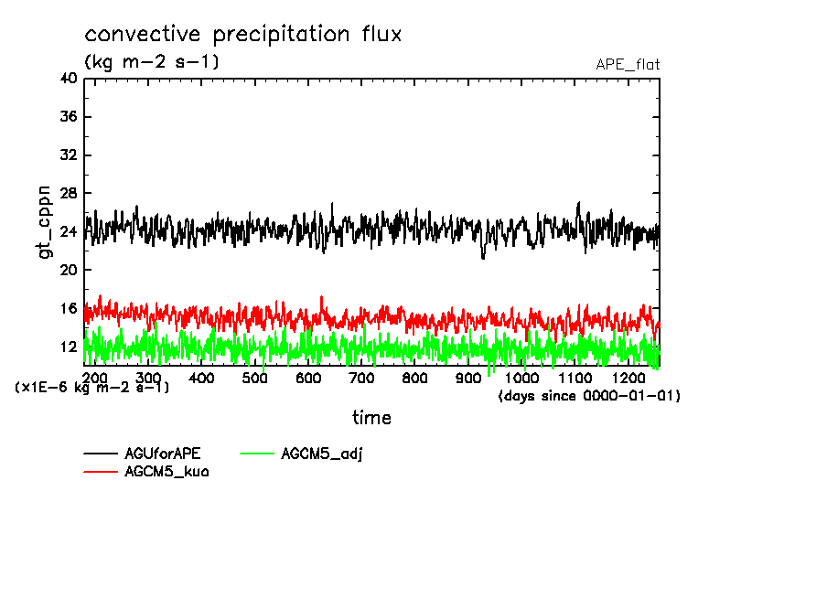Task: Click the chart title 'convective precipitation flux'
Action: pos(242,36)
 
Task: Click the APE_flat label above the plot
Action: pos(628,65)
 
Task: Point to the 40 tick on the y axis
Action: pos(68,79)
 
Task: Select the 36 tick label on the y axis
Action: pos(68,117)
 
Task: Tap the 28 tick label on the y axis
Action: pos(68,194)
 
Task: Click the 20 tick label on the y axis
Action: pos(68,270)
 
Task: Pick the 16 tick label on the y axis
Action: pos(68,308)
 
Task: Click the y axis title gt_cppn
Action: pos(45,220)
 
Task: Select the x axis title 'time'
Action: pos(371,418)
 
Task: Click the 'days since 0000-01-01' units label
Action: pos(590,397)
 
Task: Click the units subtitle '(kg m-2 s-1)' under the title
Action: pos(152,62)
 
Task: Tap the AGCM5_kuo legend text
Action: pos(166,472)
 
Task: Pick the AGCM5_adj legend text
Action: pos(322,454)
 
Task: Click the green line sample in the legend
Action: pos(258,454)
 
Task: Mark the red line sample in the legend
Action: pos(101,472)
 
